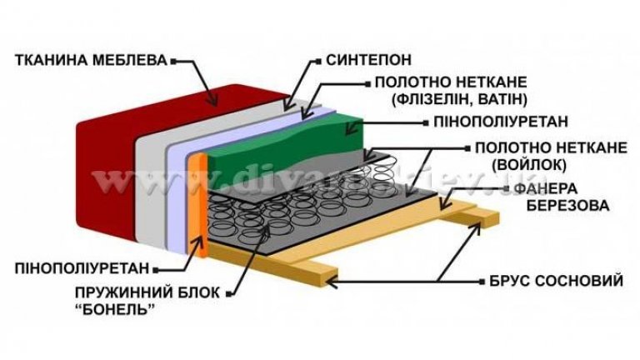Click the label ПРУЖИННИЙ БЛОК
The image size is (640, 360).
coord(125,292)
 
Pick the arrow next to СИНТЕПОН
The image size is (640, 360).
coord(300,83)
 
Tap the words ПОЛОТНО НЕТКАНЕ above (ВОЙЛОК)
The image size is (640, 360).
coord(550,147)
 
